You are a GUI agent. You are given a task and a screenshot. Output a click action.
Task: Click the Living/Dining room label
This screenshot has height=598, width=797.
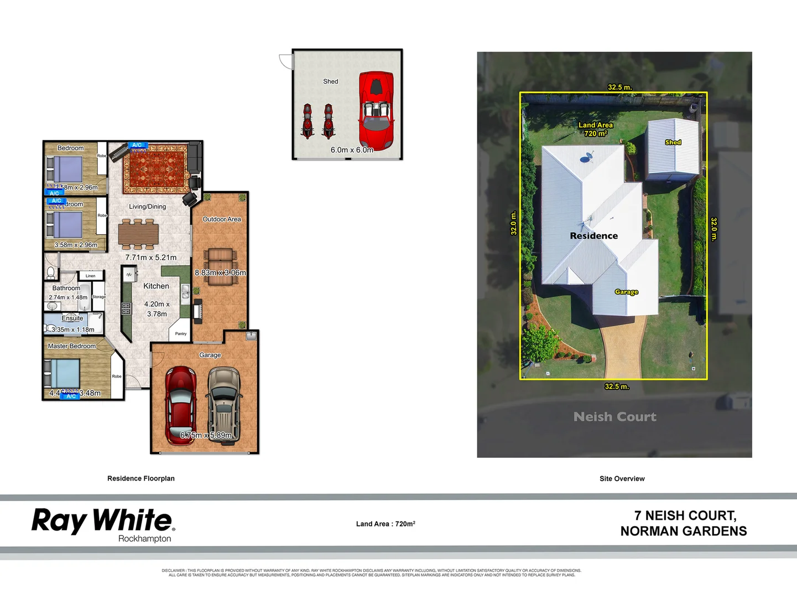click(x=147, y=207)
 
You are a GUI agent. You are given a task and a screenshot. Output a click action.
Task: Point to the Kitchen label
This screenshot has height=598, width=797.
click(x=156, y=286)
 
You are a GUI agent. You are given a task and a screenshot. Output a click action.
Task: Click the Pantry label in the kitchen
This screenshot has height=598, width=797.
click(x=181, y=334)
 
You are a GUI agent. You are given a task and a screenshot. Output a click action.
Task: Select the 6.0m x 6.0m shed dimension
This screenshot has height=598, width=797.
click(x=352, y=150)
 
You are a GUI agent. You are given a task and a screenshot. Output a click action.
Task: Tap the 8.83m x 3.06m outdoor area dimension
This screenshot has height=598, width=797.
click(x=220, y=272)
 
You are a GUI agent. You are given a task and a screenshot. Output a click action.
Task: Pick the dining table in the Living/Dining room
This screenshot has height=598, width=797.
click(x=138, y=234)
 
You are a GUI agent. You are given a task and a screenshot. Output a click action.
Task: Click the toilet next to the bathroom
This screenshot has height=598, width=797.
click(x=51, y=272)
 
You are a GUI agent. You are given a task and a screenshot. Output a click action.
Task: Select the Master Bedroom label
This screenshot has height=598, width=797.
click(x=72, y=346)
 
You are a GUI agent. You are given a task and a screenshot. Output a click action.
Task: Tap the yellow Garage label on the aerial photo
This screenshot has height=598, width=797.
click(x=626, y=292)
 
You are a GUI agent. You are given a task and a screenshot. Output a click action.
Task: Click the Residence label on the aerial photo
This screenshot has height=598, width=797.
click(x=593, y=236)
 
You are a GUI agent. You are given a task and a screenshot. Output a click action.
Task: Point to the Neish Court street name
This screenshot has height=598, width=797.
click(x=614, y=417)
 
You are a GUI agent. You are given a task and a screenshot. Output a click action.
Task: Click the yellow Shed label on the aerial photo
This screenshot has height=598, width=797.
click(x=673, y=142)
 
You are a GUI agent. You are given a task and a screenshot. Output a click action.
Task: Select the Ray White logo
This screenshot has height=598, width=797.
click(x=103, y=524)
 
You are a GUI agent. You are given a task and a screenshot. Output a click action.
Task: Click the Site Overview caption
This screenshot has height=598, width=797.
click(x=622, y=479)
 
